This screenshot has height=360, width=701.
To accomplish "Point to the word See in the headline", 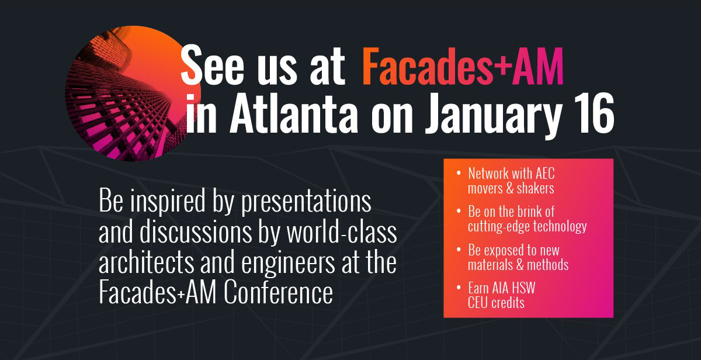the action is pyautogui.click(x=212, y=64).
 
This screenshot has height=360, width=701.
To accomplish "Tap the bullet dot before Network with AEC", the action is pyautogui.click(x=459, y=173).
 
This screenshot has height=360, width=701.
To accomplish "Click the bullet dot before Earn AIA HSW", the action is pyautogui.click(x=459, y=288).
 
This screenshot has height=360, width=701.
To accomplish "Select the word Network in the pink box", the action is pyautogui.click(x=488, y=174).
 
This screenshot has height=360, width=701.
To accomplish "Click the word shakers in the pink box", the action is pyautogui.click(x=535, y=188).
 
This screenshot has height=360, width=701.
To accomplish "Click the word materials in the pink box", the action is pyautogui.click(x=490, y=265).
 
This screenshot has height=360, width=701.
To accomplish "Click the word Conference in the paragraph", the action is pyautogui.click(x=278, y=292).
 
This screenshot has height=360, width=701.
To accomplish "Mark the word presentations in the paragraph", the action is pyautogui.click(x=306, y=202).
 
